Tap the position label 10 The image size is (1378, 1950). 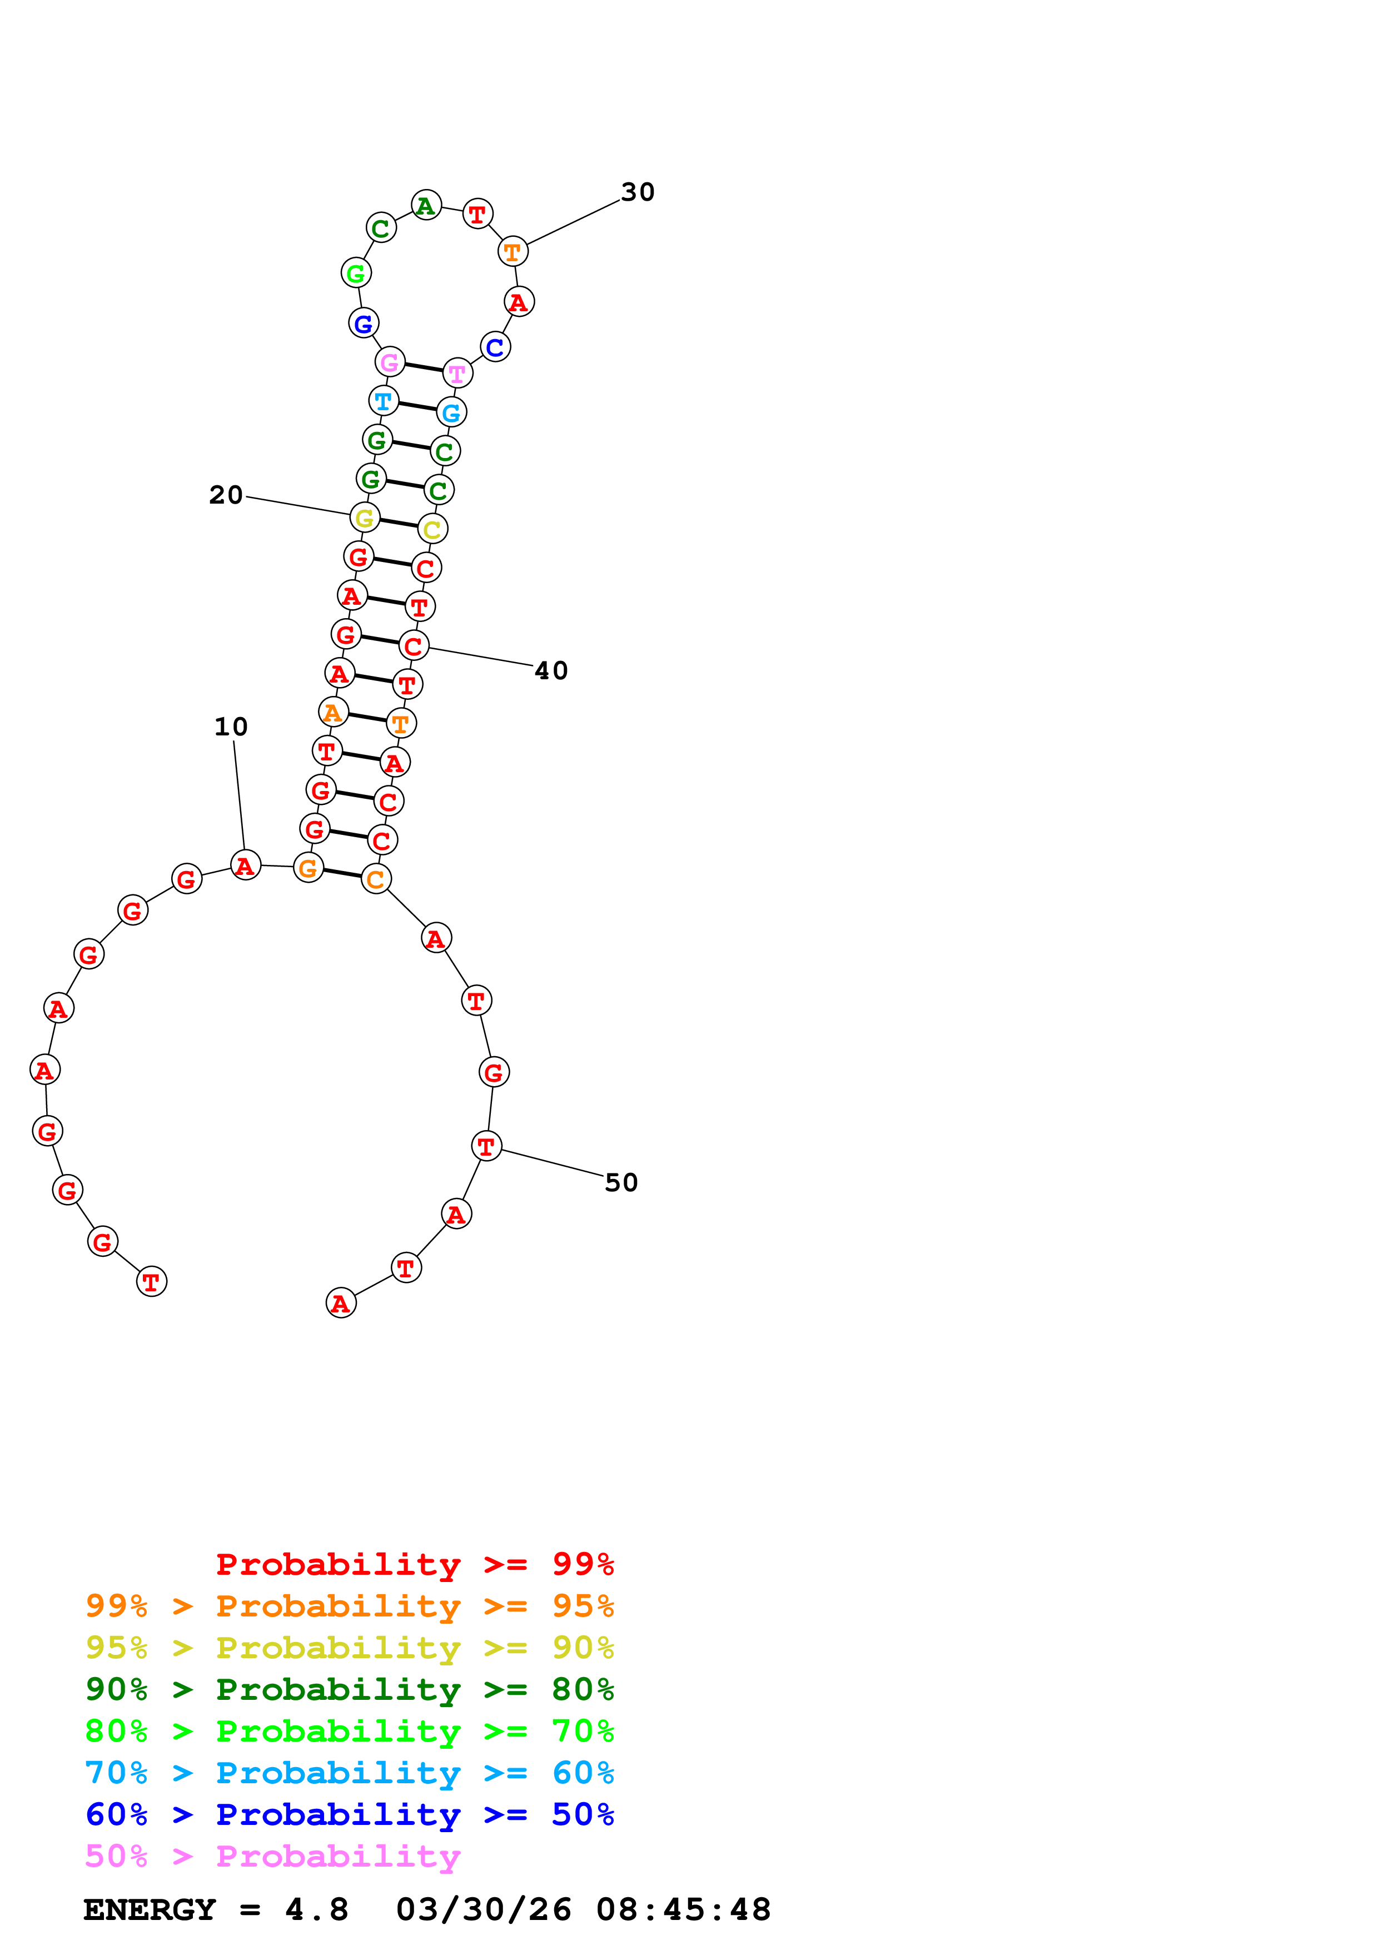click(x=230, y=727)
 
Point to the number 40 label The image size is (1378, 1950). click(x=550, y=671)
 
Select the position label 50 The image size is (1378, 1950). click(x=621, y=1183)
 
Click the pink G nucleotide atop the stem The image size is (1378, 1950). click(x=390, y=362)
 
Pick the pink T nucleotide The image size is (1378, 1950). click(x=457, y=374)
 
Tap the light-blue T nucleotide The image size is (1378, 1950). click(x=384, y=401)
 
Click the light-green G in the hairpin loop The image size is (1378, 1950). click(x=356, y=273)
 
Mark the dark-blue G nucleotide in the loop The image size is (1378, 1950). click(x=364, y=324)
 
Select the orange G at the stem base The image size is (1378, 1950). click(x=308, y=867)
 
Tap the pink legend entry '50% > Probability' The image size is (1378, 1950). click(x=272, y=1857)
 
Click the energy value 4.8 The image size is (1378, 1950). click(x=317, y=1910)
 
